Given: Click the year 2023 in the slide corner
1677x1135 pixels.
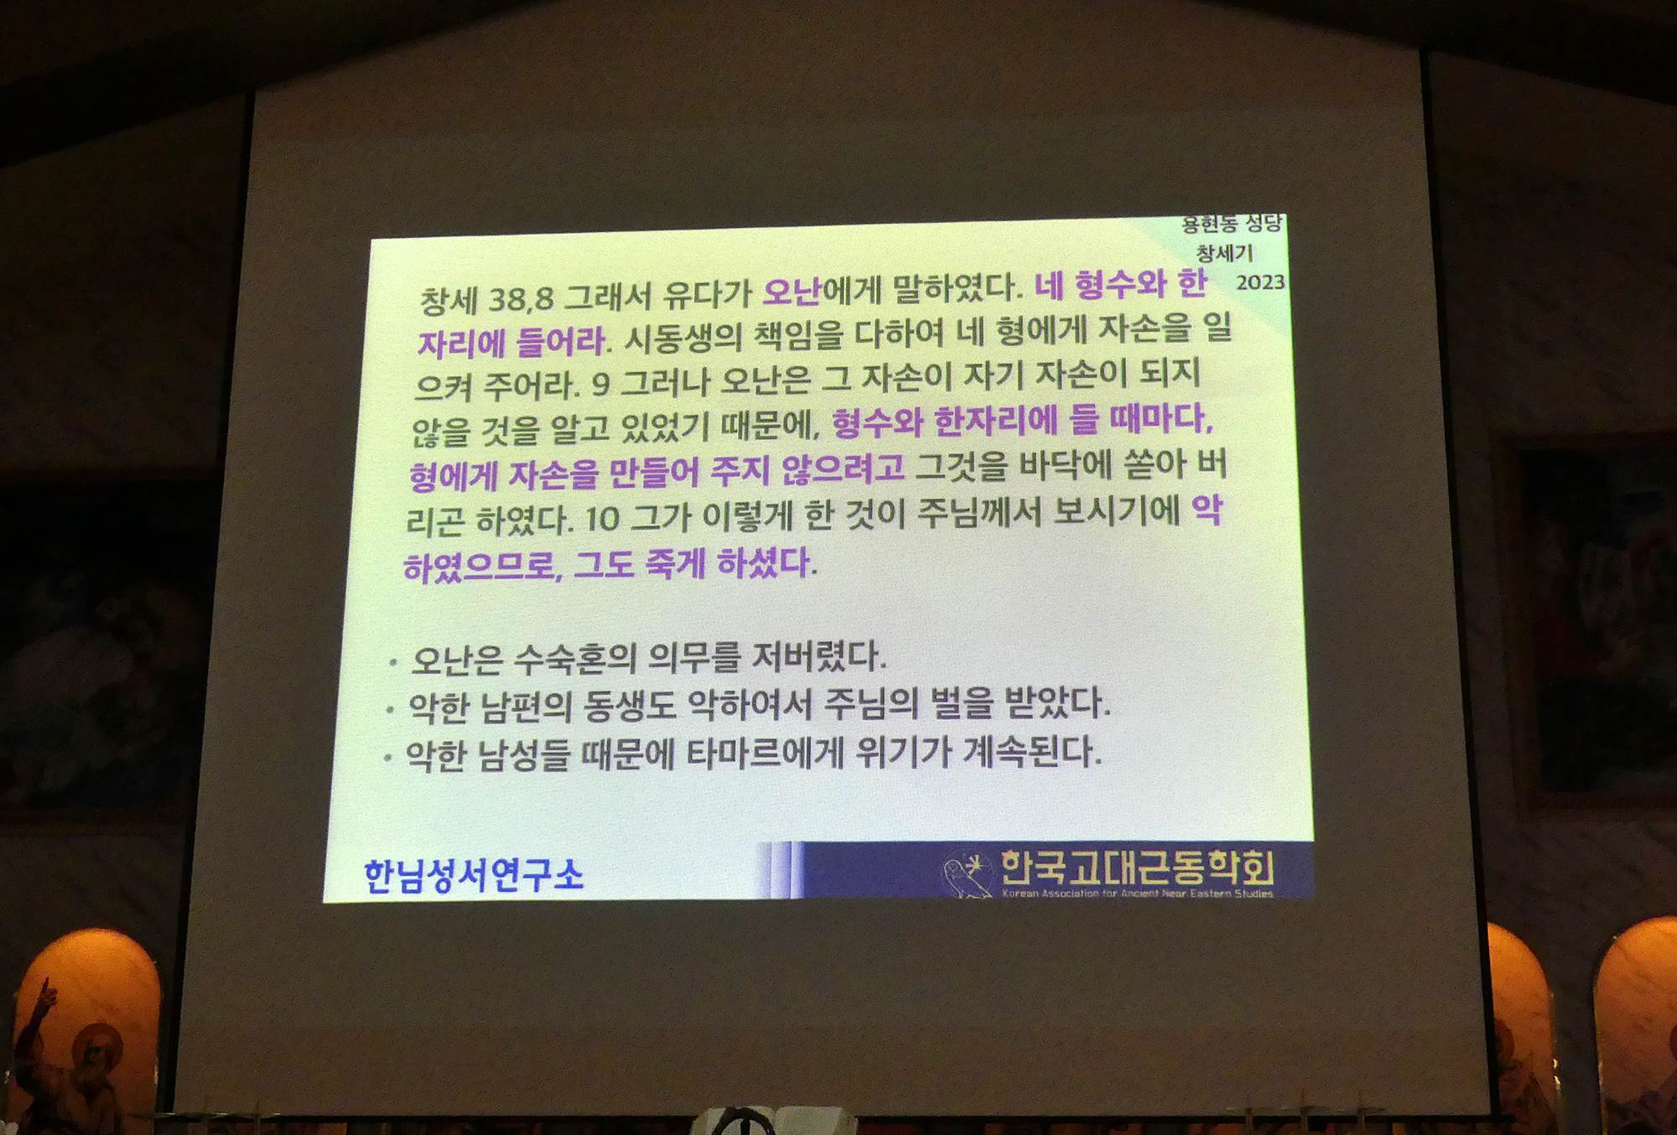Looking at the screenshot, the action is (x=1259, y=282).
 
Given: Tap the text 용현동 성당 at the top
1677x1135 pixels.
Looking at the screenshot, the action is (x=1231, y=223).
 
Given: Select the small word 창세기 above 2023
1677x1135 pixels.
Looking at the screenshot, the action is (x=1224, y=252).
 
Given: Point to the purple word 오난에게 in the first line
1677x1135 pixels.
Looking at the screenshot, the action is (x=822, y=291).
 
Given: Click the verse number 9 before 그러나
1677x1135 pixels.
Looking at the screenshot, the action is (x=600, y=384).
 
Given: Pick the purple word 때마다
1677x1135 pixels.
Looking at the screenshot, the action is (x=1161, y=417).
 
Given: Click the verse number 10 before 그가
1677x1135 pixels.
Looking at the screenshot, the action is (x=602, y=519).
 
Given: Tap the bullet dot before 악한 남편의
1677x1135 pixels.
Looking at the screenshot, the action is (x=390, y=710).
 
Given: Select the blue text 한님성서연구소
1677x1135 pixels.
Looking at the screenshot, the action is (x=474, y=875).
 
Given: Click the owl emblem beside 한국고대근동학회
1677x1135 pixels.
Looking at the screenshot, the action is (x=966, y=875).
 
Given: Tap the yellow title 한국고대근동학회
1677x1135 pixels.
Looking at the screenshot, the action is (x=1138, y=867).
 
